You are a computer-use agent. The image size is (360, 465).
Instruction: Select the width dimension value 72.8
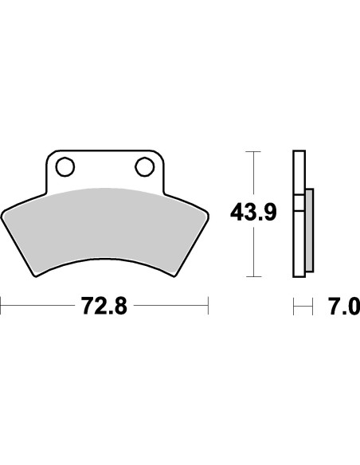click(104, 305)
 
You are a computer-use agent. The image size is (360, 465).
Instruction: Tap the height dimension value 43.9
click(253, 213)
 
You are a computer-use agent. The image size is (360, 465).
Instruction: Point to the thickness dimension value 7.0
click(344, 305)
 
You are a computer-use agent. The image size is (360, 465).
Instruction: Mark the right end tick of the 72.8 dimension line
click(208, 304)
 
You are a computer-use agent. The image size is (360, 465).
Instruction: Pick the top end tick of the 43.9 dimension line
click(253, 150)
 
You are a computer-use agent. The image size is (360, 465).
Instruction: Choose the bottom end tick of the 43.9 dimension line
click(253, 277)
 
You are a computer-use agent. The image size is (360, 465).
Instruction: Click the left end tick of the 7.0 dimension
click(293, 305)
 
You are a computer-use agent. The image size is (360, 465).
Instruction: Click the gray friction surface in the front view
click(104, 223)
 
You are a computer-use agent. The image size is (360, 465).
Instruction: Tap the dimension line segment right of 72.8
click(171, 304)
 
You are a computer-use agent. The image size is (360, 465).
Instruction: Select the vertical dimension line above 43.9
click(253, 175)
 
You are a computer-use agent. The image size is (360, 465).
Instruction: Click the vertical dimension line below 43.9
click(253, 251)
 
